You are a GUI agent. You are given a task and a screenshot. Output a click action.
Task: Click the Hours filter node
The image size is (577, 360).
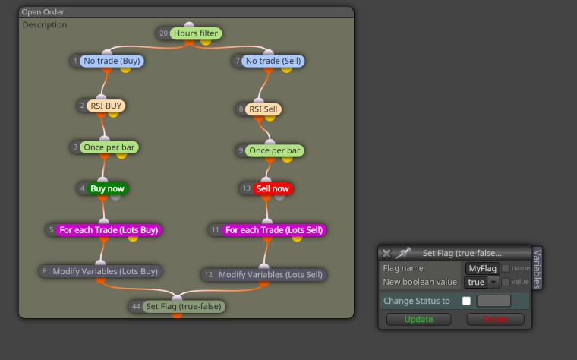[196, 33]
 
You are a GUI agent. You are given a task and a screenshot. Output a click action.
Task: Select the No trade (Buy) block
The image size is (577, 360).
[112, 61]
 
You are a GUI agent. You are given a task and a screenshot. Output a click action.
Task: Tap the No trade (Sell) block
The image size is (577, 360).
[273, 61]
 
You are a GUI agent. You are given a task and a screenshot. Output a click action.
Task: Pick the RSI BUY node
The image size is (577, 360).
[106, 106]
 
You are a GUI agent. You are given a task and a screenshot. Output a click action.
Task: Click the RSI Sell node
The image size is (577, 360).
[263, 109]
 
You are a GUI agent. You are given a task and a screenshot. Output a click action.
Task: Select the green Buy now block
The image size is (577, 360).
[108, 189]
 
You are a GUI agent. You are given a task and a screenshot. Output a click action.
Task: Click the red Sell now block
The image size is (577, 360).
[273, 189]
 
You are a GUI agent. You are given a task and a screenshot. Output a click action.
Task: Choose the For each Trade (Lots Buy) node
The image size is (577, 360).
[109, 230]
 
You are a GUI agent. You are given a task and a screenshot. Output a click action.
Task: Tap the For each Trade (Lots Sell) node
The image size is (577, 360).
[274, 230]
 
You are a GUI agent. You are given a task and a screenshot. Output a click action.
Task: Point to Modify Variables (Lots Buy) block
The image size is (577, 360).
[105, 271]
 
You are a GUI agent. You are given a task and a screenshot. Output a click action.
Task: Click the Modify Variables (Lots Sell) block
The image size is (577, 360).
[270, 275]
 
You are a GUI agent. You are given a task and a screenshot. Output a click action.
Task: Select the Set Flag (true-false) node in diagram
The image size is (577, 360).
[184, 306]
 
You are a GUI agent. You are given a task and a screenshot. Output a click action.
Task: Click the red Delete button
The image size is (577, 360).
[495, 319]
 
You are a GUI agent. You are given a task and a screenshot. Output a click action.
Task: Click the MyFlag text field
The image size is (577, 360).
[482, 268]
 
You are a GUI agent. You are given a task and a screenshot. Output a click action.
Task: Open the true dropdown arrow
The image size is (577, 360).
[493, 282]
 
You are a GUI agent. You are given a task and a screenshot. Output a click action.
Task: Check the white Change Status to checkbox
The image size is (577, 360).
[466, 301]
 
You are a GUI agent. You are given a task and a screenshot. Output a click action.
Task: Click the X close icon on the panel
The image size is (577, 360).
[386, 253]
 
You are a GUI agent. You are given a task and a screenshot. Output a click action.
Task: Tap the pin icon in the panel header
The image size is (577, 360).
[403, 253]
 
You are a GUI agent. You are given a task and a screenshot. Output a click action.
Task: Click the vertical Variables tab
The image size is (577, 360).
[538, 269]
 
